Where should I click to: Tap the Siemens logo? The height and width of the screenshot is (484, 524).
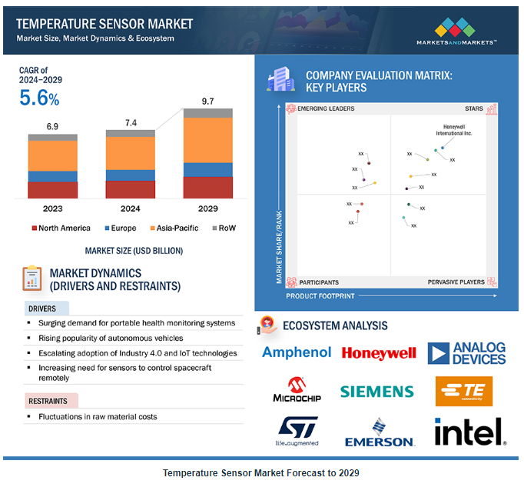pyautogui.click(x=377, y=391)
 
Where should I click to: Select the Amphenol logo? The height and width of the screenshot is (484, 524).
pyautogui.click(x=297, y=352)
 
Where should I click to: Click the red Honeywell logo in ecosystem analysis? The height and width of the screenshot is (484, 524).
pyautogui.click(x=379, y=353)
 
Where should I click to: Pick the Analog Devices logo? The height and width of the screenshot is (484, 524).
pyautogui.click(x=466, y=353)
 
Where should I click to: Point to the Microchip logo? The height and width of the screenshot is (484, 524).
pyautogui.click(x=297, y=390)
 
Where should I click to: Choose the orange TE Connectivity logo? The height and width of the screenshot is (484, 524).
pyautogui.click(x=464, y=391)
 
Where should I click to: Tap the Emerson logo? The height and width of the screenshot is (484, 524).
pyautogui.click(x=379, y=432)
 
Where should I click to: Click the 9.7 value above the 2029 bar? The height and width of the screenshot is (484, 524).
pyautogui.click(x=207, y=101)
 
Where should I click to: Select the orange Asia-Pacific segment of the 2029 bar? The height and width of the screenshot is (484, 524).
pyautogui.click(x=207, y=140)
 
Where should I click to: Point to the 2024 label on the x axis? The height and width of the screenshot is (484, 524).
pyautogui.click(x=130, y=209)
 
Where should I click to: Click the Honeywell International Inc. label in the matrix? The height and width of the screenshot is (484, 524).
pyautogui.click(x=454, y=129)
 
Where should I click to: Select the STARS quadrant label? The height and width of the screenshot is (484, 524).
pyautogui.click(x=474, y=109)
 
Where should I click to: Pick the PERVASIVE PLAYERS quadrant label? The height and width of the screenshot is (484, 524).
pyautogui.click(x=456, y=282)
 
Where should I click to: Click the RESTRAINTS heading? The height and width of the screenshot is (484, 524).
pyautogui.click(x=49, y=401)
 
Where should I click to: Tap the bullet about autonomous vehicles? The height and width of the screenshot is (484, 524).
pyautogui.click(x=111, y=338)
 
